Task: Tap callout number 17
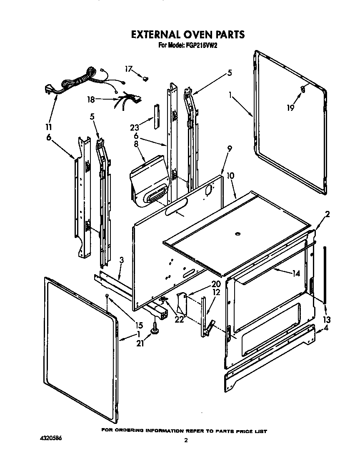tap(129, 68)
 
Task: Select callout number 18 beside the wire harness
tap(91, 99)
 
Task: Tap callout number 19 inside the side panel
tap(290, 108)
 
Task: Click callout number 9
tap(229, 148)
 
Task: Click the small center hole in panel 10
tap(238, 235)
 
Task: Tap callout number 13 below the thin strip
tap(326, 319)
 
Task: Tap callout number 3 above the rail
tap(121, 260)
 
